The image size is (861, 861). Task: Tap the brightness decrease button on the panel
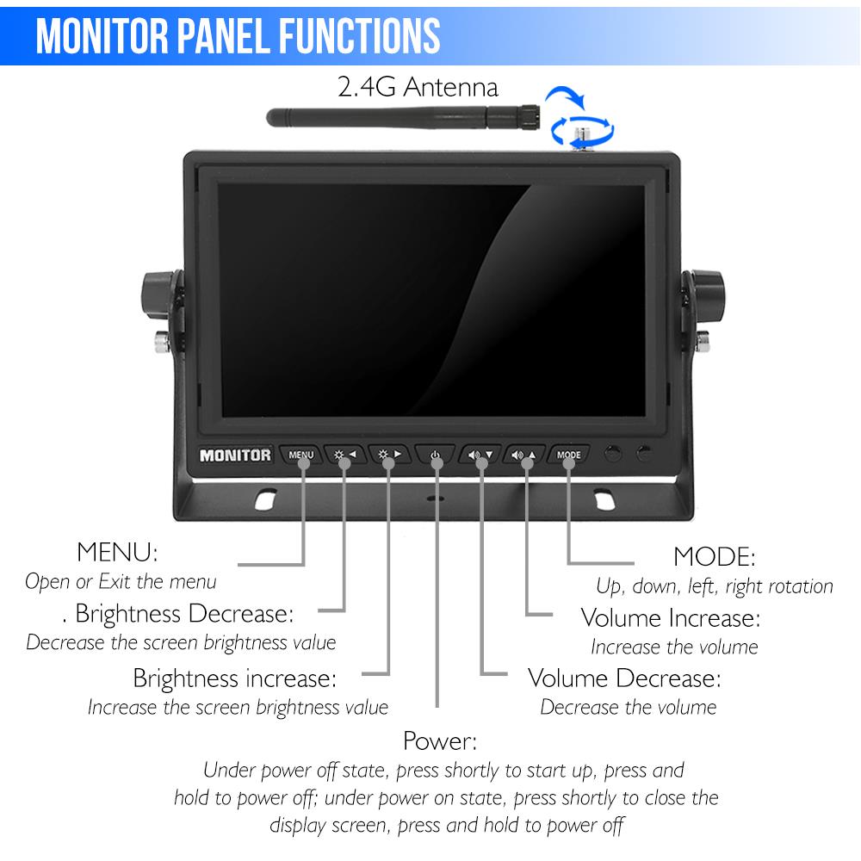point(345,455)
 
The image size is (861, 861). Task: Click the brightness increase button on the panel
point(390,455)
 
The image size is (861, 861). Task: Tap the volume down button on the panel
point(480,455)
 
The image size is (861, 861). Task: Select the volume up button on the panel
point(525,455)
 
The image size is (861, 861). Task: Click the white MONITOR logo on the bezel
point(235,455)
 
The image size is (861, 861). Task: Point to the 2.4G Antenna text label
point(417,88)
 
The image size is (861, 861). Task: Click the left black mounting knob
point(160,293)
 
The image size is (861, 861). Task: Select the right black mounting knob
point(706,293)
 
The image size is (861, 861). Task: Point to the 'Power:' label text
point(439,740)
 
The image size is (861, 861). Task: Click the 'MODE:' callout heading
point(714,556)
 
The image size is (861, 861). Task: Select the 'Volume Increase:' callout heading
point(671,618)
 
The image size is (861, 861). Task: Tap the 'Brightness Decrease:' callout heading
point(183,614)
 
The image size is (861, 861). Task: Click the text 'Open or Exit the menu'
point(121,581)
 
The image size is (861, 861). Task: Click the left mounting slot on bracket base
point(266,499)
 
